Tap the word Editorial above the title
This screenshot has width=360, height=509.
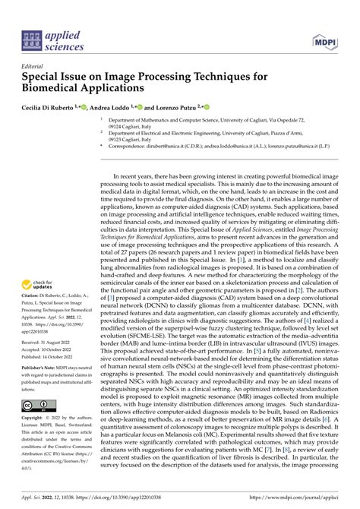[34, 66]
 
